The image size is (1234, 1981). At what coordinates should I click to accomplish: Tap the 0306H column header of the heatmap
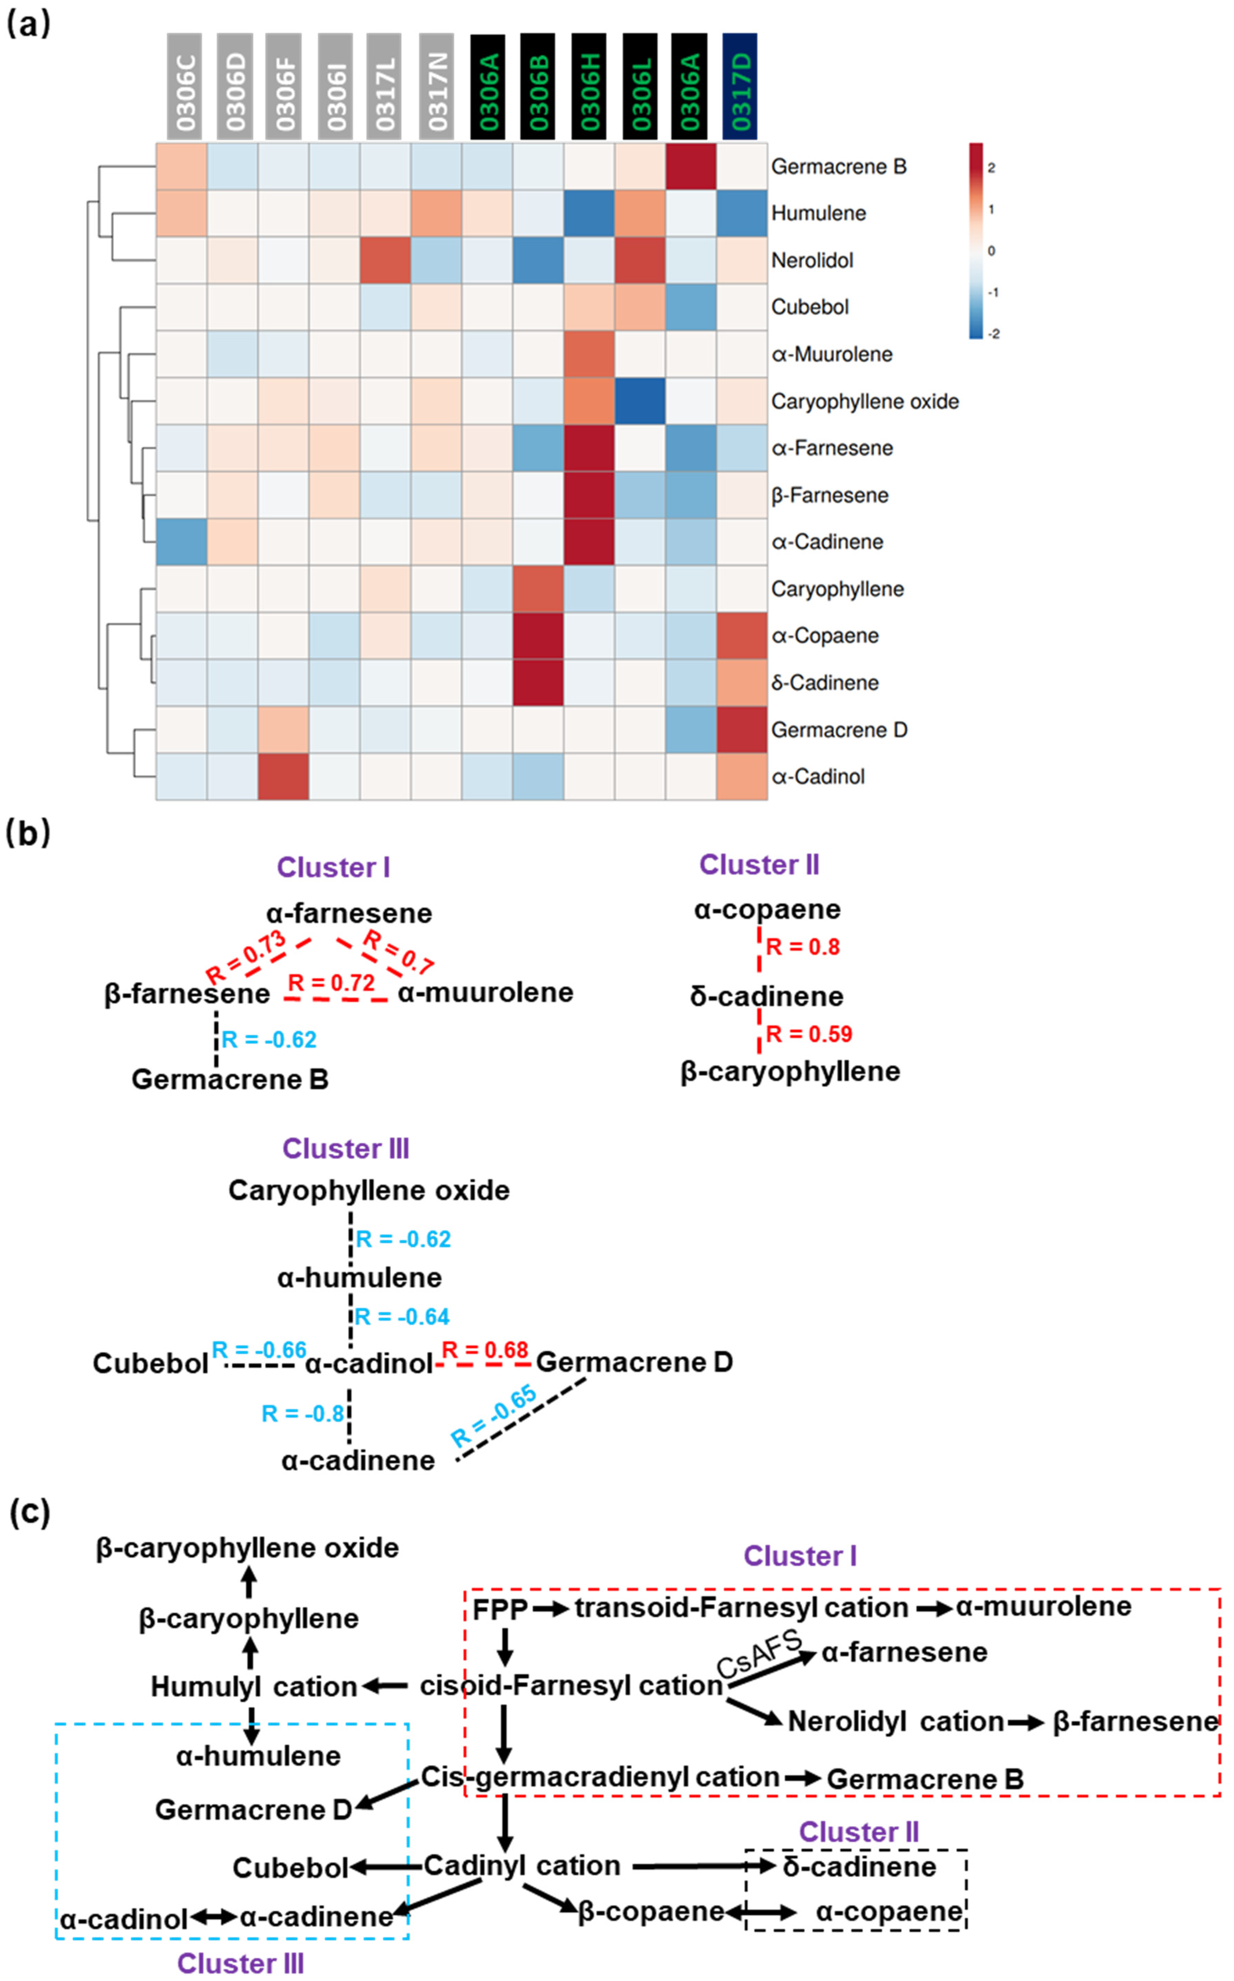coord(589,87)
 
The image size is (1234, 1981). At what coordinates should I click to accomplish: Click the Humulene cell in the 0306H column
coord(589,213)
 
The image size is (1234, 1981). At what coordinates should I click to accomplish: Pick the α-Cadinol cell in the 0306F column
coord(283,776)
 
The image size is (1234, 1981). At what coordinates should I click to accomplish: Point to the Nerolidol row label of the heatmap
coord(812,260)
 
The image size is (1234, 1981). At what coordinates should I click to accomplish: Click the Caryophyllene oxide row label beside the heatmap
coord(864,402)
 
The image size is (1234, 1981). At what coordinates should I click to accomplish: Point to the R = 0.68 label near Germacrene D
coord(485,1350)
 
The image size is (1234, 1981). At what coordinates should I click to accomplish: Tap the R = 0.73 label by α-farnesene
coord(245,957)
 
